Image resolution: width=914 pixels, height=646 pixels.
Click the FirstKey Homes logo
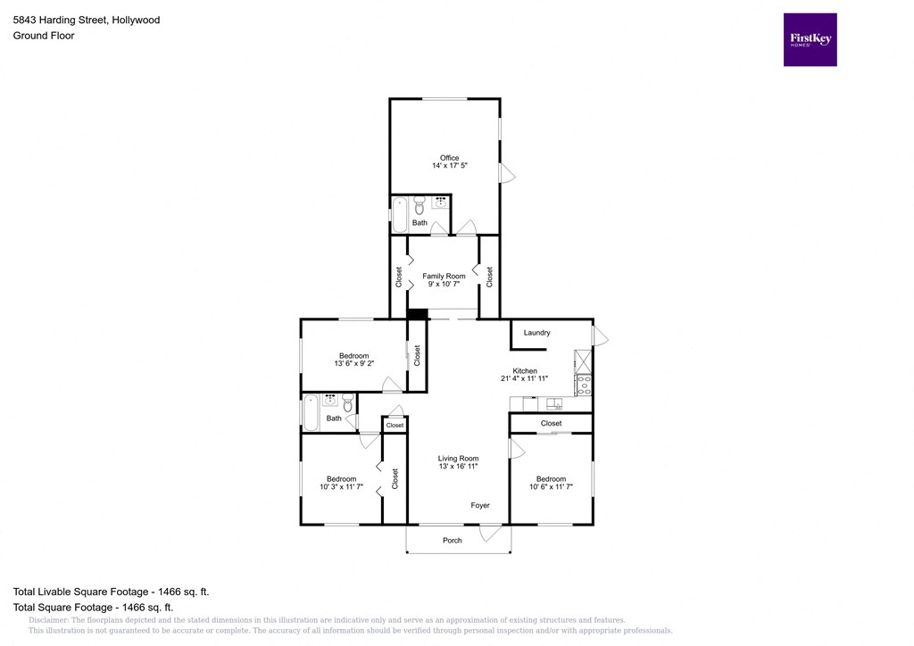(810, 39)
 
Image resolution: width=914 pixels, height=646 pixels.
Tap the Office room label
(449, 158)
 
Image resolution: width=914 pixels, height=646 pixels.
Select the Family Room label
(444, 277)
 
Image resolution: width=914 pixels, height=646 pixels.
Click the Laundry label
(536, 333)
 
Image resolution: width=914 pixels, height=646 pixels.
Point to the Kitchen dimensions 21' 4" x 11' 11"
(525, 378)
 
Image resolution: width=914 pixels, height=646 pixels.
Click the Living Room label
(458, 459)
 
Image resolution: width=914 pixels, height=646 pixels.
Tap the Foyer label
(480, 506)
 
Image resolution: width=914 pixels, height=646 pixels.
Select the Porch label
(453, 541)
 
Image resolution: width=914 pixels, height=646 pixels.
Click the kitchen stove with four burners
(583, 385)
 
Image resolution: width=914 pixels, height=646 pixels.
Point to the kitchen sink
(553, 404)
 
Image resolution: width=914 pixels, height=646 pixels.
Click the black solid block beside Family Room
(416, 313)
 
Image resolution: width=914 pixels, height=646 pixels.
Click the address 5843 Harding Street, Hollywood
(87, 20)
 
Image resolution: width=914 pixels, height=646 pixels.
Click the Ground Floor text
(44, 36)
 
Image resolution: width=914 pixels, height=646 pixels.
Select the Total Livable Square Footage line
(112, 592)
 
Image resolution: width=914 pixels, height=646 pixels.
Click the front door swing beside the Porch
(488, 534)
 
